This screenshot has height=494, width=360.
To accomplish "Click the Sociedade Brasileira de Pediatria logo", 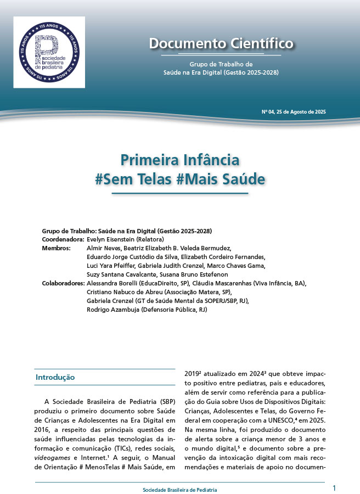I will point(49,52).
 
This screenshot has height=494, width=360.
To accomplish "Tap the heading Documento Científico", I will point(221,43).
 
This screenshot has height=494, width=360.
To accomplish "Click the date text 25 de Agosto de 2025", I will point(301,112).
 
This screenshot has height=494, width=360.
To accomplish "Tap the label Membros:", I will point(56,249).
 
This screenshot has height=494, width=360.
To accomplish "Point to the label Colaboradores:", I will point(64,284).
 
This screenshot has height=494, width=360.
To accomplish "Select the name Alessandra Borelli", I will point(110,284).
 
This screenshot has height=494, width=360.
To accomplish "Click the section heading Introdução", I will point(55,378).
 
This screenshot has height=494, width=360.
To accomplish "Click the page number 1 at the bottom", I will point(334,487).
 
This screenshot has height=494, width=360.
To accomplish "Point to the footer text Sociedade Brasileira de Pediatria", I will point(179,489).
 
